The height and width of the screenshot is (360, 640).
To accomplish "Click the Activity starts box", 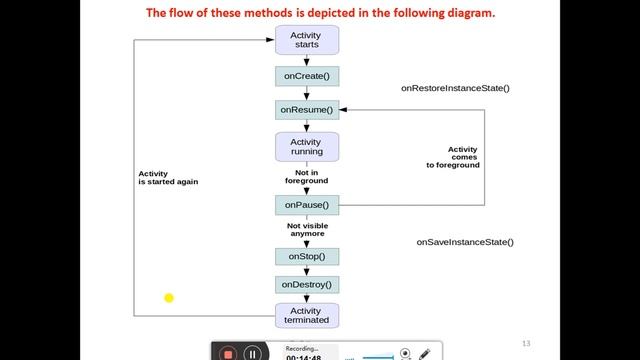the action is pyautogui.click(x=307, y=40).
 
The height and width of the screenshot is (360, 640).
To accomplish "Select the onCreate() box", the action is pyautogui.click(x=307, y=76).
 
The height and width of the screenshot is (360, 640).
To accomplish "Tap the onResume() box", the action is pyautogui.click(x=307, y=110).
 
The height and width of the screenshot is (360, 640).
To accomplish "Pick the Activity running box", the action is pyautogui.click(x=307, y=147).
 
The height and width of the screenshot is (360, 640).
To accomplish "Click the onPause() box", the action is pyautogui.click(x=307, y=205).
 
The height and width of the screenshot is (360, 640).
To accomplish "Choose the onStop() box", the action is pyautogui.click(x=307, y=257).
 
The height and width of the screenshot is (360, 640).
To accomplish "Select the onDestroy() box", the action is pyautogui.click(x=307, y=285).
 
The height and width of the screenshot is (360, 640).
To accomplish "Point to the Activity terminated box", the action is pyautogui.click(x=307, y=316).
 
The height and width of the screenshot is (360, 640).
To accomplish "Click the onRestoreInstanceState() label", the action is pyautogui.click(x=455, y=88).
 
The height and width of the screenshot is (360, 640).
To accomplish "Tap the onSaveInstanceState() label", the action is pyautogui.click(x=465, y=242).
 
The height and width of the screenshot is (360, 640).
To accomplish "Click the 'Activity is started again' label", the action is pyautogui.click(x=168, y=178).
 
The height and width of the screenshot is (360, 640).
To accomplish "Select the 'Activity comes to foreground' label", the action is pyautogui.click(x=453, y=157).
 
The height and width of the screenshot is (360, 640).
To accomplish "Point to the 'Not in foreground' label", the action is pyautogui.click(x=307, y=177).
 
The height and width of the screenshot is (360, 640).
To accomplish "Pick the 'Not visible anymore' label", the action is pyautogui.click(x=307, y=230).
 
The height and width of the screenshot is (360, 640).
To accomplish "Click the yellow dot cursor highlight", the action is pyautogui.click(x=169, y=298).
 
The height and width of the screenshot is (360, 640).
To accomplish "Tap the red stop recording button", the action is pyautogui.click(x=228, y=354).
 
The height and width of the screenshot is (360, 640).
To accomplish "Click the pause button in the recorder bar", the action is pyautogui.click(x=253, y=354).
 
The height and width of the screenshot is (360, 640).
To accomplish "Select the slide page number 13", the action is pyautogui.click(x=526, y=344).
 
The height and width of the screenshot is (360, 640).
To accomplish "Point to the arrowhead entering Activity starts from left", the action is pyautogui.click(x=270, y=40).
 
